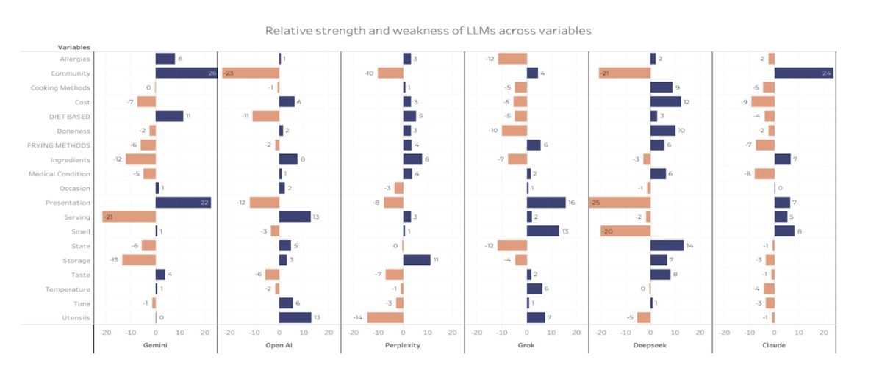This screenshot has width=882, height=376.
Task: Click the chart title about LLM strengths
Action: pos(428,31)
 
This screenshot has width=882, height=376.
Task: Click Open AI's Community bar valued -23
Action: pos(250,73)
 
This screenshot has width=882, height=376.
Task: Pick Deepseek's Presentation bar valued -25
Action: pos(620,202)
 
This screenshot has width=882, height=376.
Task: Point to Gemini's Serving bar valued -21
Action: pos(129,217)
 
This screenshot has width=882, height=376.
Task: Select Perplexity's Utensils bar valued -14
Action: pos(385,317)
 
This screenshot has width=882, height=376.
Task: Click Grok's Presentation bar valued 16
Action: pos(546,202)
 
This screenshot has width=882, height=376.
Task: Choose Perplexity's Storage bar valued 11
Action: pos(417,259)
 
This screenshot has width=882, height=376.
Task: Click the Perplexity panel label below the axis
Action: pos(403,345)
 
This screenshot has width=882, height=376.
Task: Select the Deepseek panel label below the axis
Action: pos(650,345)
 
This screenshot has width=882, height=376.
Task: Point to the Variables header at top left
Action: pos(74,47)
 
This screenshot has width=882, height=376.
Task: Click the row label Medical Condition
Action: pos(60,174)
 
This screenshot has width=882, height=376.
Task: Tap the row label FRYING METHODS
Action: pos(62,145)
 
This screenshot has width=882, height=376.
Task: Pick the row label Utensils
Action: pos(77,317)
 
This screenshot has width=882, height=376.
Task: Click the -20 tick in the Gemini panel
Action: pos(105,332)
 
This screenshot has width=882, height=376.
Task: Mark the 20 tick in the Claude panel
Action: pos(824,332)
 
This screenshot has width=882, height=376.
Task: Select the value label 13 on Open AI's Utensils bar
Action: pos(317,317)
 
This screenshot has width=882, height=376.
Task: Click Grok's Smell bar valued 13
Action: pos(542,231)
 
